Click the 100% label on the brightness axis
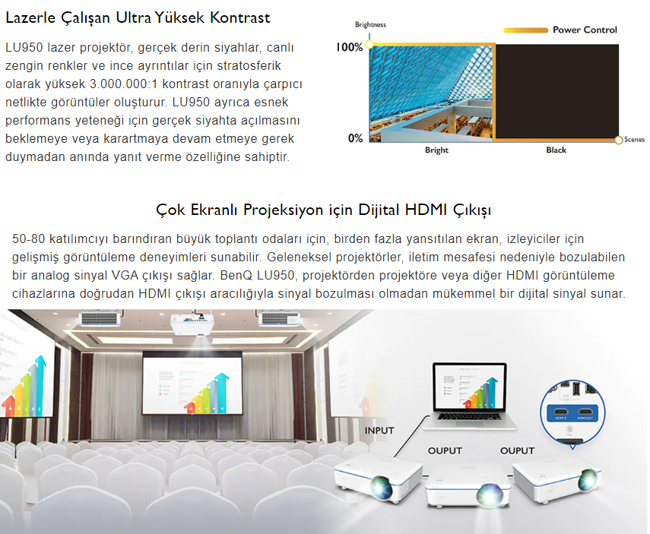[349, 47]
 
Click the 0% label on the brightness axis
[355, 138]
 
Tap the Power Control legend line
[525, 30]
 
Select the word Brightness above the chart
[370, 24]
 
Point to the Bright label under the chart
[436, 150]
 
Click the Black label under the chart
[556, 150]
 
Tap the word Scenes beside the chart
[634, 140]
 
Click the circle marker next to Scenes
[619, 140]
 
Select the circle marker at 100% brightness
[369, 44]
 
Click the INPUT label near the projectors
[379, 431]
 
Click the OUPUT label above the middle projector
[445, 450]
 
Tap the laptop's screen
[470, 387]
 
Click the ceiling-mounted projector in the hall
[192, 323]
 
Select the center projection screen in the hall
[192, 383]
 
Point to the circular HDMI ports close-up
[572, 412]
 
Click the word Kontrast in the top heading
[239, 17]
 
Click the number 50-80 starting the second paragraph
[29, 239]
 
